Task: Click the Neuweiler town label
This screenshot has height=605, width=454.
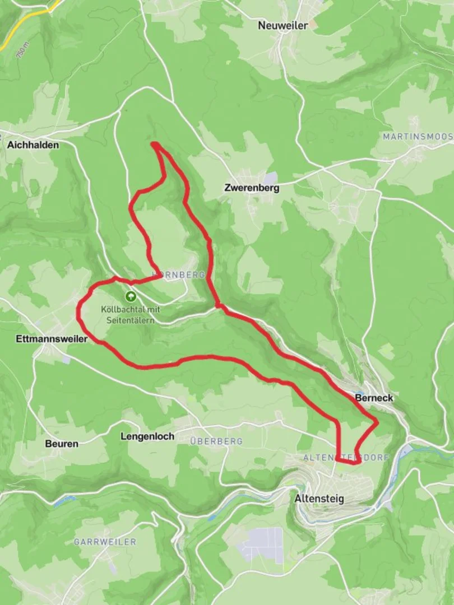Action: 283,25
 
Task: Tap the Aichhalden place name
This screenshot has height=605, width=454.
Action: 33,145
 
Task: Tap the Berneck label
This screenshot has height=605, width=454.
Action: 374,398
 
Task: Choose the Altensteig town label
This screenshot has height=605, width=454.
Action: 319,498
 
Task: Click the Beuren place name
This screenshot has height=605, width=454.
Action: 62,443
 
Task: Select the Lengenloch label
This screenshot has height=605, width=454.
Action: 147,436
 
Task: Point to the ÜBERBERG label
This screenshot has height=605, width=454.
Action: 216,441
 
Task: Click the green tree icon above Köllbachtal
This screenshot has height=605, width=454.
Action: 131,296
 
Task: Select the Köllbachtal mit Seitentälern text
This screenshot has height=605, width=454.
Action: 129,314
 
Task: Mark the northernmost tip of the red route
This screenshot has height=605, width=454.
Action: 154,145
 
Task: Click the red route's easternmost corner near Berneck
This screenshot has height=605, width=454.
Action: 377,421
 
